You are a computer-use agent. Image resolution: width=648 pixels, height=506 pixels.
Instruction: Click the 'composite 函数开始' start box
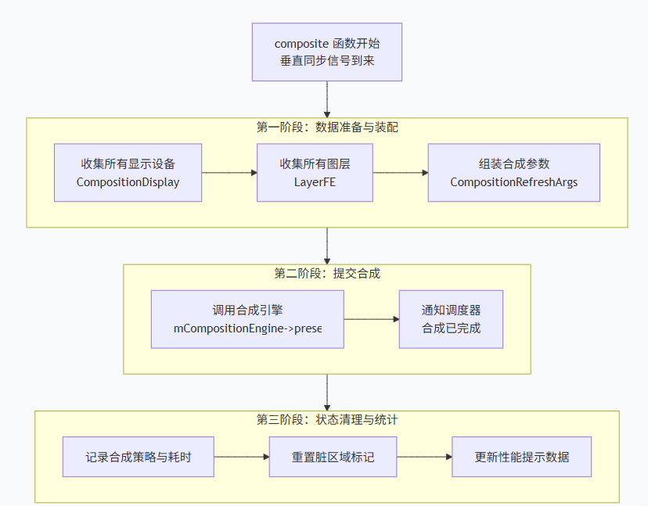326,52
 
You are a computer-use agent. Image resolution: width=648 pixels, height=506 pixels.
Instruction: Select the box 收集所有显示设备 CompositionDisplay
128,172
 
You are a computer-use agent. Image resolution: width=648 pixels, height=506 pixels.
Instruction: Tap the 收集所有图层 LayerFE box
315,172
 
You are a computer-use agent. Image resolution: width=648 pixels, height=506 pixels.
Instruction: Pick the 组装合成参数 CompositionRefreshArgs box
513,172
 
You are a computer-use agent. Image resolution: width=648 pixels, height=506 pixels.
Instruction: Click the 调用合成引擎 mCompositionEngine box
247,319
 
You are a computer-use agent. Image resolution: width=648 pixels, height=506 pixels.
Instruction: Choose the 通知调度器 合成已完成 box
451,319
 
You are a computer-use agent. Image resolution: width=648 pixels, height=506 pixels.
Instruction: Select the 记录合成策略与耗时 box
138,457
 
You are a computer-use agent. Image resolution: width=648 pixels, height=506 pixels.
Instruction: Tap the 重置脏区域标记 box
333,457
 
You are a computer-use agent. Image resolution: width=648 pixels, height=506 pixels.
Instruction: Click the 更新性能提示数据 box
521,457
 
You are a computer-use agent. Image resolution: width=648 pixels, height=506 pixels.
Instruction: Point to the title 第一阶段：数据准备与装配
327,127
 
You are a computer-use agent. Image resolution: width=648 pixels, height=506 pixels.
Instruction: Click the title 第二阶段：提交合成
327,273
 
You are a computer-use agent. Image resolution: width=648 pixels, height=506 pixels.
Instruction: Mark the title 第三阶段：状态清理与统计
327,419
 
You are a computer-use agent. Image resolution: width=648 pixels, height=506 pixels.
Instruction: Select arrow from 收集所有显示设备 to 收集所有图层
229,173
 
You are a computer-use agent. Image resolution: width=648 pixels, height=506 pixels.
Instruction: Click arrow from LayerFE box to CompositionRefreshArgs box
400,173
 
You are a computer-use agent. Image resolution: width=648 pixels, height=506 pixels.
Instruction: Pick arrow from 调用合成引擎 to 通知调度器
371,319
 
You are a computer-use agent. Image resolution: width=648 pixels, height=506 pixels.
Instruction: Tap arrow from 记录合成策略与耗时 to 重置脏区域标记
241,457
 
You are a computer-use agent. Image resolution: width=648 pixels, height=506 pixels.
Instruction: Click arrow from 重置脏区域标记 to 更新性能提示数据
423,457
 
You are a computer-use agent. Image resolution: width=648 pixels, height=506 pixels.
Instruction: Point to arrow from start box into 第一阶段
326,99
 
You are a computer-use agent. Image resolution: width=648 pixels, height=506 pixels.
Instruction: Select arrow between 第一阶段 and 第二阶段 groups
326,246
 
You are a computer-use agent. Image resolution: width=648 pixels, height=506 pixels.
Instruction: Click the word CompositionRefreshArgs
513,182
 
